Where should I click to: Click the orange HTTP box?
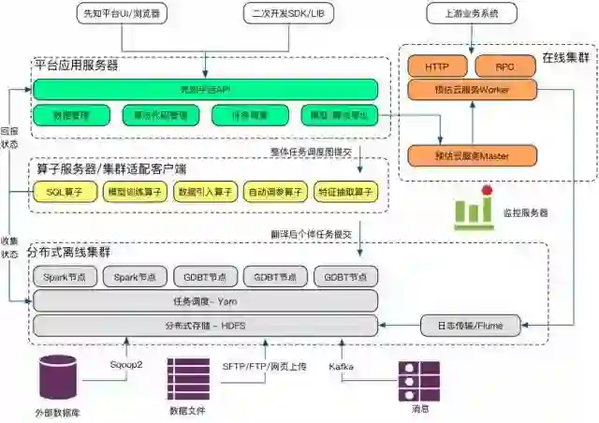click(x=437, y=66)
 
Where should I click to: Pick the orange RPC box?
click(x=505, y=66)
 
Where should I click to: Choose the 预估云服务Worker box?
click(x=471, y=89)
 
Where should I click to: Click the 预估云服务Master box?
click(x=471, y=154)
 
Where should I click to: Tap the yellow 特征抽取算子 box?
click(x=345, y=191)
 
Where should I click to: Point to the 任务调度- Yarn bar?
click(x=205, y=300)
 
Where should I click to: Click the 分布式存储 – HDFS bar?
click(x=205, y=326)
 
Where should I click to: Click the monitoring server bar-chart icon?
click(x=474, y=211)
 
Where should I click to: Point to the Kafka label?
click(x=341, y=366)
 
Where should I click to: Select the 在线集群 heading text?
click(x=565, y=58)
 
